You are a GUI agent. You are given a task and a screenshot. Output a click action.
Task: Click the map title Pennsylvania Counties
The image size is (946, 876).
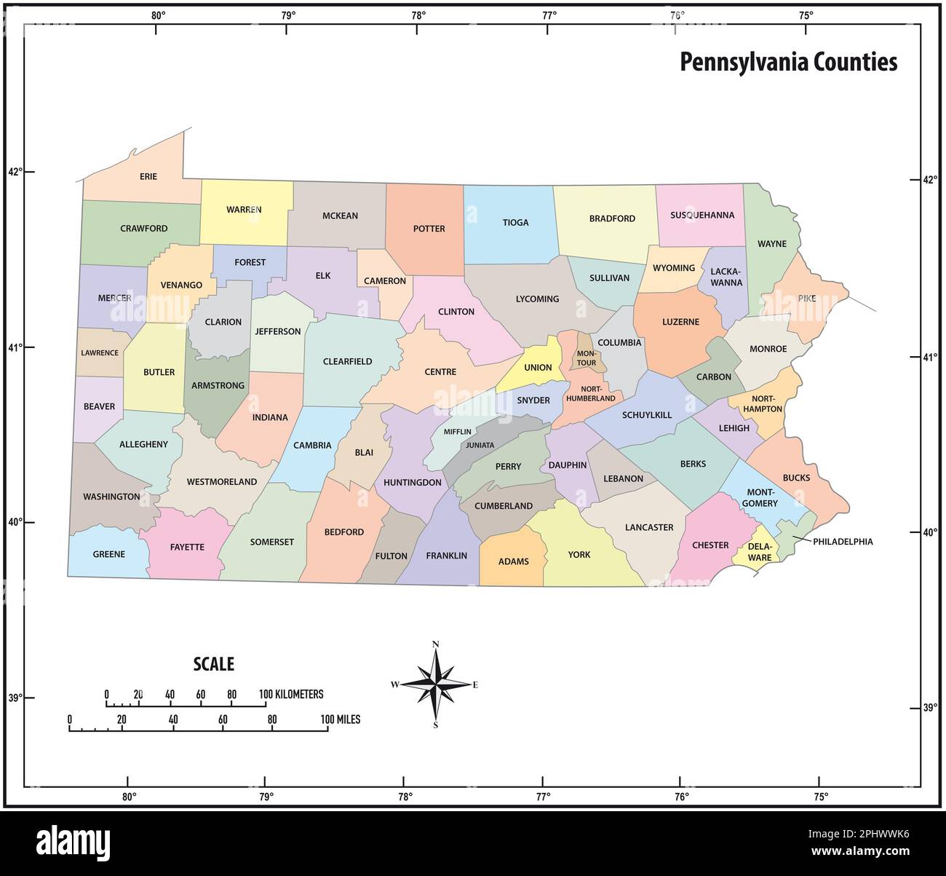(788, 62)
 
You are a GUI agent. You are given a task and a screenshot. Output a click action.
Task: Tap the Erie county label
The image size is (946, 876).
(148, 176)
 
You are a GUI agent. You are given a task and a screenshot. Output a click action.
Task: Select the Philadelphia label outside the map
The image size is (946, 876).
(843, 542)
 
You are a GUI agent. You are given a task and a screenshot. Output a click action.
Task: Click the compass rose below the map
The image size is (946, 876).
(436, 684)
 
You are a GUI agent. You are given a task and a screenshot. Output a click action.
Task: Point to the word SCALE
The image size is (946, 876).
(213, 664)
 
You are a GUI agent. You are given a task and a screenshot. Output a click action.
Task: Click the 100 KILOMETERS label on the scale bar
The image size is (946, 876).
(291, 695)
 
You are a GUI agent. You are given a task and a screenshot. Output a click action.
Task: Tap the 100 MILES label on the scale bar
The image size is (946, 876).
(340, 719)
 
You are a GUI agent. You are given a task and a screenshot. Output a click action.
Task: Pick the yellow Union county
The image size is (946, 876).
(538, 364)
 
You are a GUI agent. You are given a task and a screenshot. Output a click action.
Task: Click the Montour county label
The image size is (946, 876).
(587, 358)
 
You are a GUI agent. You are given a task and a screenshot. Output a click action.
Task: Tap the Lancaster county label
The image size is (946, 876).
(649, 527)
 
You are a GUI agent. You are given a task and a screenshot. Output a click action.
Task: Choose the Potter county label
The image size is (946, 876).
(429, 229)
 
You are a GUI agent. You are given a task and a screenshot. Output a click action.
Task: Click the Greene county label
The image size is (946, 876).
(109, 554)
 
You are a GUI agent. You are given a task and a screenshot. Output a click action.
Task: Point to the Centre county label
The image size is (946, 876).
(440, 372)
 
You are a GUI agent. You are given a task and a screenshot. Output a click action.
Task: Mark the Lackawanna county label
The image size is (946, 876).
(726, 277)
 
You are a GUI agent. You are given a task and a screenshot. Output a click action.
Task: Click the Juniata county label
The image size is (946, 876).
(480, 445)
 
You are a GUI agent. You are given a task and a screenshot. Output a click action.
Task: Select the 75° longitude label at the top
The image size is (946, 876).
(805, 15)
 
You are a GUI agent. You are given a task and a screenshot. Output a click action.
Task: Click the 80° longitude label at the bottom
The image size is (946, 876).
(129, 797)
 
